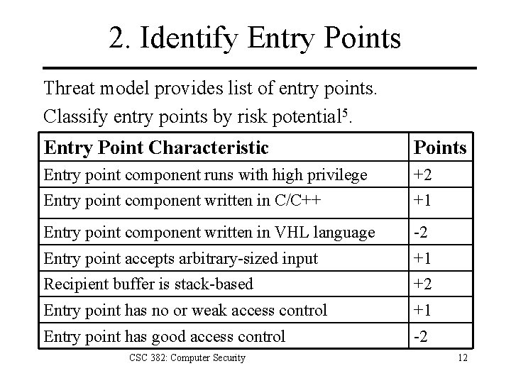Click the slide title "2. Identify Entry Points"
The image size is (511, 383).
click(255, 38)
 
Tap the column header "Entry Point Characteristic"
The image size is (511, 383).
click(156, 148)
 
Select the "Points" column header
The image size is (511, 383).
click(440, 148)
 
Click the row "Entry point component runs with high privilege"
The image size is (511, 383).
click(205, 174)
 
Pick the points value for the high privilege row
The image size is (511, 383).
click(424, 174)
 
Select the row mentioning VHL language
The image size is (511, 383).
click(209, 232)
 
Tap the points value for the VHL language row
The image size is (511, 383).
click(422, 232)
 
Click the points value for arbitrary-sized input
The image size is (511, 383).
click(424, 258)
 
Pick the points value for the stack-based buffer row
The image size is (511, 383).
click(424, 284)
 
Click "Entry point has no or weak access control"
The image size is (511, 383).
click(185, 310)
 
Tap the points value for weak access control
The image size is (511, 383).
click(424, 310)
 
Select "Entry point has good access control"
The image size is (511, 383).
click(165, 336)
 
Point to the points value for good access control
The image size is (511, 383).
click(422, 336)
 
